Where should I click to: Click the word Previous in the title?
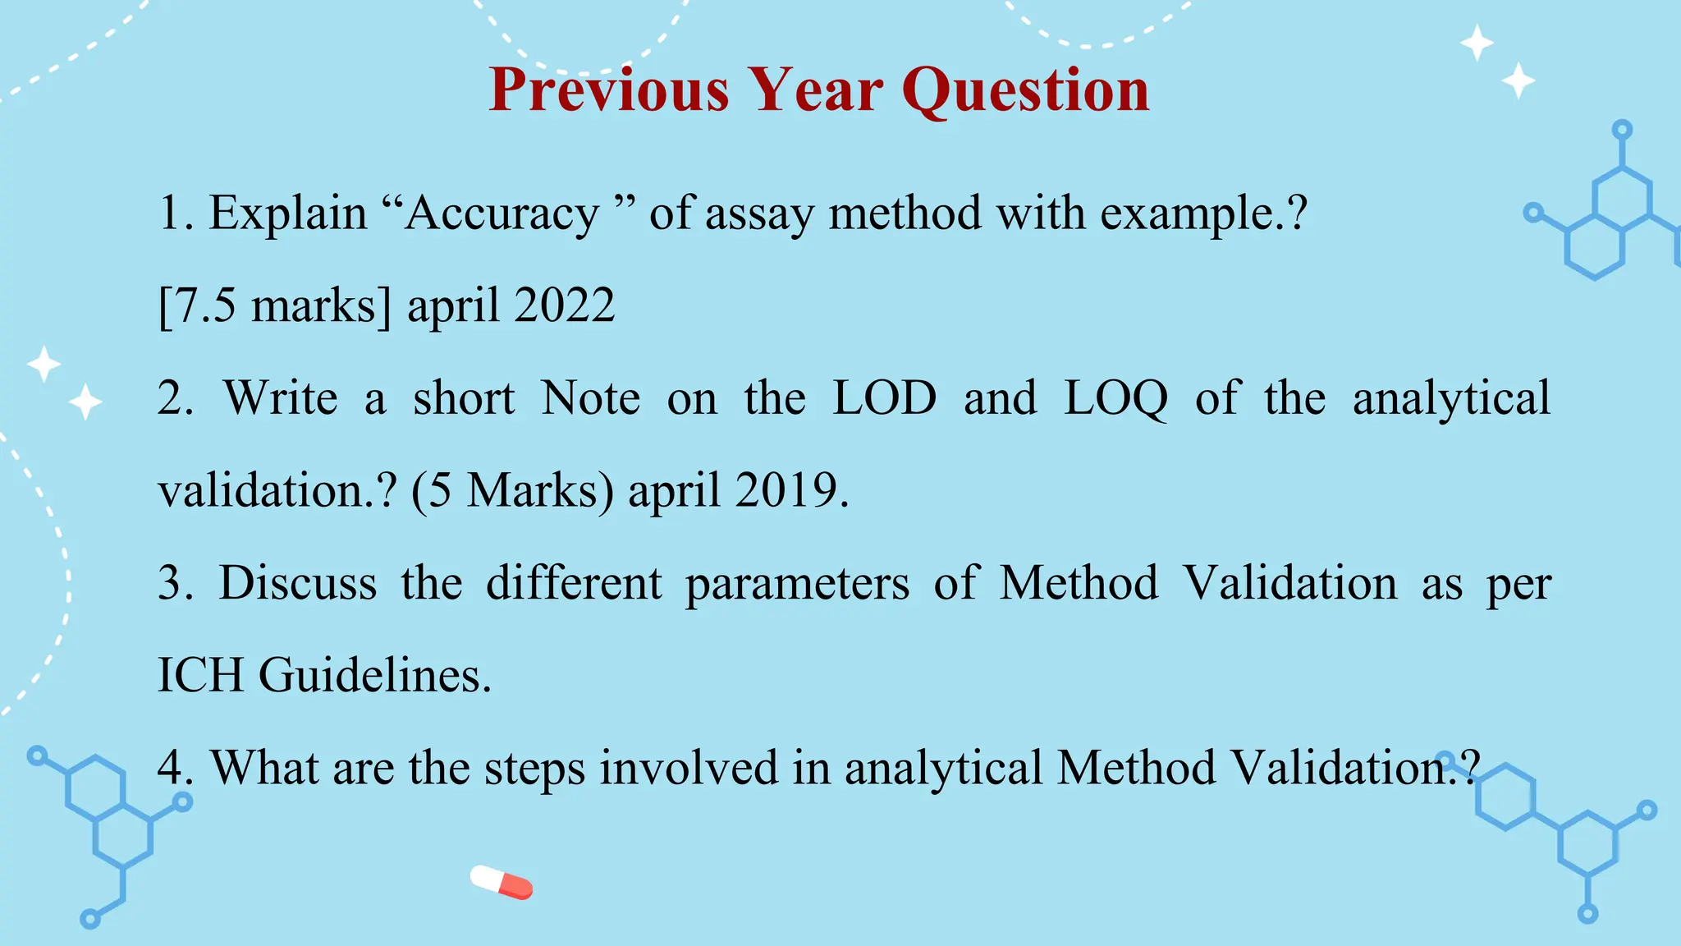coord(608,90)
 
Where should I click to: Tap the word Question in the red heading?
coord(1025,90)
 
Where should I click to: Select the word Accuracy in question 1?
coord(502,214)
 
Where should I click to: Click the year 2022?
coord(564,305)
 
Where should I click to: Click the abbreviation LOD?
coord(884,398)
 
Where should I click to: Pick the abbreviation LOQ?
coord(1115,400)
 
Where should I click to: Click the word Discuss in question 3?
coord(298,583)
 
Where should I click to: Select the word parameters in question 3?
coord(797,585)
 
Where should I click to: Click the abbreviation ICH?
coord(200,675)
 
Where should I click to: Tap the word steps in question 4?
coord(534,769)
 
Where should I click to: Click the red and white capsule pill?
coord(502,882)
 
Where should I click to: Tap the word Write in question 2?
coord(281,398)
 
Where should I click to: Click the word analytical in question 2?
coord(1451,400)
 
